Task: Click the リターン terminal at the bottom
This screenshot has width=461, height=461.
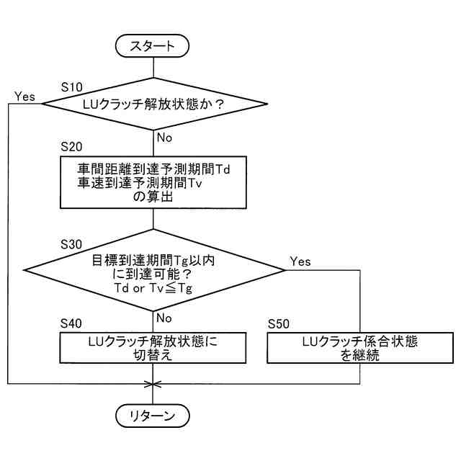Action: pos(152,416)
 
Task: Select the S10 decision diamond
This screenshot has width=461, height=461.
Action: pos(152,104)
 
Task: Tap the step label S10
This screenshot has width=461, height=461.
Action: pos(72,86)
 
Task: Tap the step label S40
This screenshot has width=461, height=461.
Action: pos(72,323)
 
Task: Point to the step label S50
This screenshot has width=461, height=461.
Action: pos(279,323)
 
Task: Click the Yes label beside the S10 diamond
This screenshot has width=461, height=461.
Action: pos(24,96)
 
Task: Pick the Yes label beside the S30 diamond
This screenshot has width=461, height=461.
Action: pos(300,261)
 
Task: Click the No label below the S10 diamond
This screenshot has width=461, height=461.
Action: pos(164,136)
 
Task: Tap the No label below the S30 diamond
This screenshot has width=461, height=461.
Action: pos(164,317)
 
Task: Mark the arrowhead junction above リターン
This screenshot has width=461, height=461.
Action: pos(152,382)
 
